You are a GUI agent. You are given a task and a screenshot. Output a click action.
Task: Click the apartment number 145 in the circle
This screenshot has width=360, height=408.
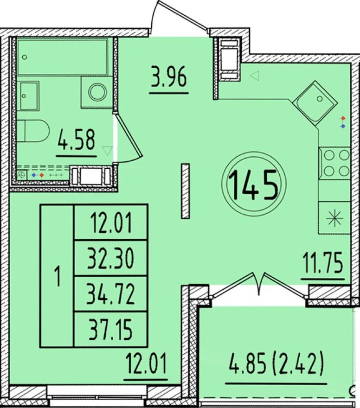(253, 184)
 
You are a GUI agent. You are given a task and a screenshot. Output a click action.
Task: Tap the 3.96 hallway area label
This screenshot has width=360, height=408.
(169, 78)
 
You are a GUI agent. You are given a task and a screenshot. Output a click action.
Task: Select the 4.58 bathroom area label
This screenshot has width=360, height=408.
(76, 140)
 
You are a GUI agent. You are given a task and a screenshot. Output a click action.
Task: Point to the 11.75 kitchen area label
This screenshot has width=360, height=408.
(323, 264)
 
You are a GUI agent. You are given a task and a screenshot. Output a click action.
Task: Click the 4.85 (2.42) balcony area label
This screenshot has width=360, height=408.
(276, 362)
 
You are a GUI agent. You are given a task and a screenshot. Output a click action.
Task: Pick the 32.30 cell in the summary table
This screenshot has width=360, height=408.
(110, 258)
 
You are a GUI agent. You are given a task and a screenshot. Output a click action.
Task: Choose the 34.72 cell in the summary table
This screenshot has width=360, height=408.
(110, 294)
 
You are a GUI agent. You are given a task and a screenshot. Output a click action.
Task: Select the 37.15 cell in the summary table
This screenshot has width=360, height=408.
(110, 330)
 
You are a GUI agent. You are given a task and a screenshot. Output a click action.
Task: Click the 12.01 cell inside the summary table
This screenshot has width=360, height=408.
(111, 223)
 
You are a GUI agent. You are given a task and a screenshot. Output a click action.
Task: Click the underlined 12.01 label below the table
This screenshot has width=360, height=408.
(146, 363)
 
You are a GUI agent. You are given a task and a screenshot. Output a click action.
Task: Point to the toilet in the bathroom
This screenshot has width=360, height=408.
(33, 131)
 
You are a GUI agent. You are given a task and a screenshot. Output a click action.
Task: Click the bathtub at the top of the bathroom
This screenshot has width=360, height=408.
(63, 57)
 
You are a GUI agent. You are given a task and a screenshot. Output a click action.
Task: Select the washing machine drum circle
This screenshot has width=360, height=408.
(97, 92)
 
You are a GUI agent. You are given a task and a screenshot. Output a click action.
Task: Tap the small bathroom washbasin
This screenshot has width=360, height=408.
(28, 96)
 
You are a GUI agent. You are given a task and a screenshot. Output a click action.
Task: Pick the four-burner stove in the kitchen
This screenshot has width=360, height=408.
(335, 163)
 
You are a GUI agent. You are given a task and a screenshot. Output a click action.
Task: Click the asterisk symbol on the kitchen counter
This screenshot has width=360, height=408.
(335, 218)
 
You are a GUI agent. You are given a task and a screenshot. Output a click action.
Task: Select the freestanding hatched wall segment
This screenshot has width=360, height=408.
(186, 191)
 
